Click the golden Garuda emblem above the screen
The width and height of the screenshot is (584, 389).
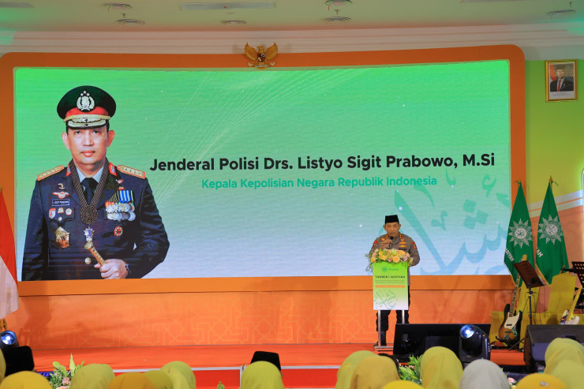(260, 54)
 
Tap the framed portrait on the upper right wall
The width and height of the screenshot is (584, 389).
(561, 80)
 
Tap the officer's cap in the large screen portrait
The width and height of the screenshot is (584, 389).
(86, 106)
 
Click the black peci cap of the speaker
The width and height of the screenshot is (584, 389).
(391, 219)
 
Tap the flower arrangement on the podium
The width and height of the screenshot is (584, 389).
(390, 256)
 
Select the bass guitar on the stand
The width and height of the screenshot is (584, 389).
(510, 316)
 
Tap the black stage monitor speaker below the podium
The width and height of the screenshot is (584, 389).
(426, 339)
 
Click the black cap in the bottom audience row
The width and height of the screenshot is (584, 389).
(265, 359)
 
